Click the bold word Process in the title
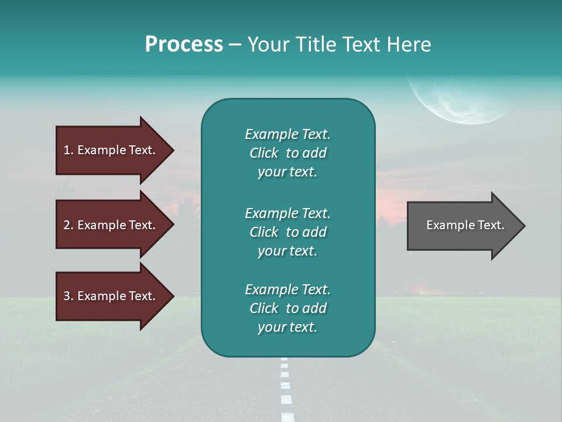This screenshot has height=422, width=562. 184,45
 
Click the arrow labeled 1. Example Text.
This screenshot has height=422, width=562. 111,150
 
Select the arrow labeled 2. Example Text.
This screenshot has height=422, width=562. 111,225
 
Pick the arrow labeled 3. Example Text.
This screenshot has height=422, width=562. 111,296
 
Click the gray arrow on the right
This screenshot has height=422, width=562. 462,225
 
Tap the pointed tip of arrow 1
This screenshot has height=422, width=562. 172,150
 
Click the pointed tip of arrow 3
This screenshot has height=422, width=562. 172,297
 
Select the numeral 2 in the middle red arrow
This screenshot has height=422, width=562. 67,225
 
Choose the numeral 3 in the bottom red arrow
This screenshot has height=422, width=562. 67,296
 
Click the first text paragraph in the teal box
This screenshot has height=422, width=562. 287,153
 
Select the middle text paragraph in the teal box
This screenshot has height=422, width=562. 287,232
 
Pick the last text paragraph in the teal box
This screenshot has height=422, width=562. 287,308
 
